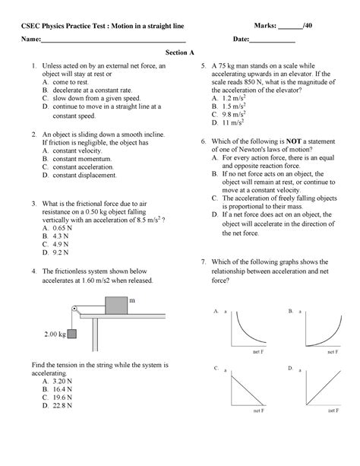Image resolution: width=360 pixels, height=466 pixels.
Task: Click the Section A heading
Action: [180, 53]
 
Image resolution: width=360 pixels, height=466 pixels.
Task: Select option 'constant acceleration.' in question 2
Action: [82, 166]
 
